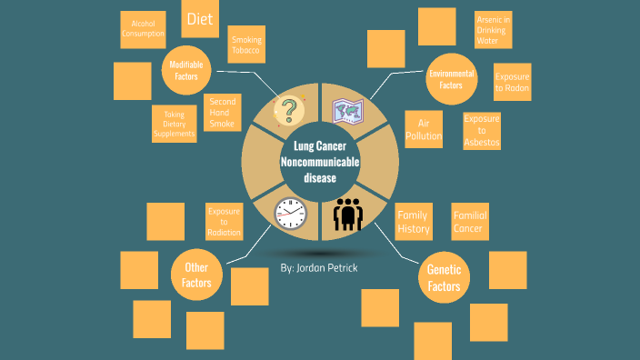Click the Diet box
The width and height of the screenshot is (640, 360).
(x=200, y=19)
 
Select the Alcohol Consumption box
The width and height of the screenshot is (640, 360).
(x=143, y=29)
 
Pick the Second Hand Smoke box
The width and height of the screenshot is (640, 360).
(x=222, y=113)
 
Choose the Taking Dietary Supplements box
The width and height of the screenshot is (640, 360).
(x=174, y=124)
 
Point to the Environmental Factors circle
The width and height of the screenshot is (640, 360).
(x=451, y=79)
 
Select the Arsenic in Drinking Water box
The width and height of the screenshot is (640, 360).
(x=493, y=30)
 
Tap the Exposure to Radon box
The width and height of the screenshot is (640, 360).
(x=512, y=82)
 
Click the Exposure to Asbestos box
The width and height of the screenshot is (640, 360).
(x=481, y=131)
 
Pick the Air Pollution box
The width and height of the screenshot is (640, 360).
(x=424, y=129)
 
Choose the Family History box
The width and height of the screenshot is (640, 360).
(x=414, y=222)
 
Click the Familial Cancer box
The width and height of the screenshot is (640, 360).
(x=470, y=222)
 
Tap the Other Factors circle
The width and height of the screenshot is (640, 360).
(x=197, y=275)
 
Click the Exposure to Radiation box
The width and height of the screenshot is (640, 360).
(x=225, y=222)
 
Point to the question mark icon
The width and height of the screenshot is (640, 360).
(x=289, y=111)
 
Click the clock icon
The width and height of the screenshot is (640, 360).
(x=290, y=213)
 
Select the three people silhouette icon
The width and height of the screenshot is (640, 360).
(x=348, y=215)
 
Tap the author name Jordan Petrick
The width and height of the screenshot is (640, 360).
(x=319, y=270)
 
